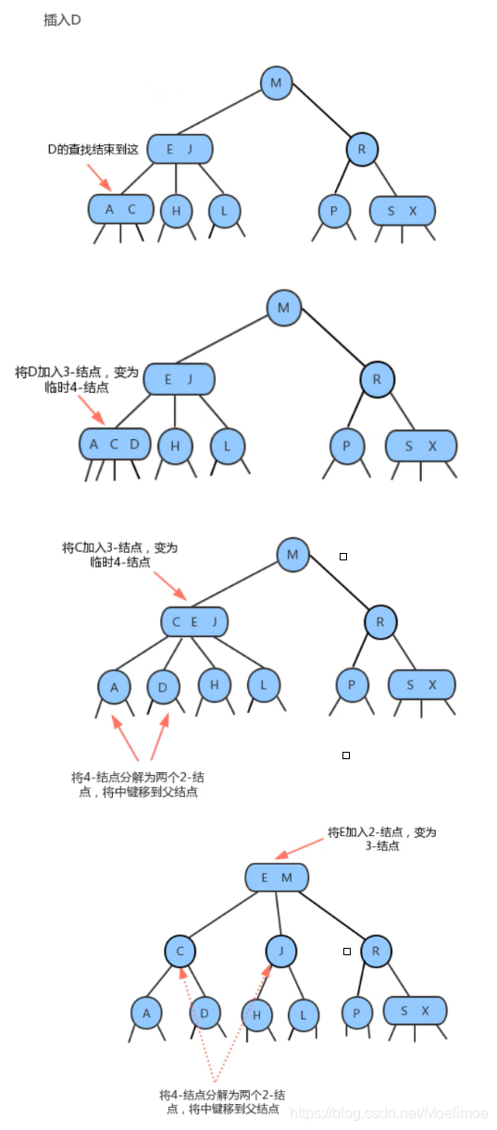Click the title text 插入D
point(62,19)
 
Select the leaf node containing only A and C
point(119,210)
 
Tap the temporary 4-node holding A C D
point(113,445)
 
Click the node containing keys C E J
point(193,622)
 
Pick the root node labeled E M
point(276,878)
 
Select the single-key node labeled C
point(180,951)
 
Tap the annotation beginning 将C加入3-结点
point(119,555)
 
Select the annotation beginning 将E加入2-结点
point(381,839)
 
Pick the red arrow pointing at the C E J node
point(170,584)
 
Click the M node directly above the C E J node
point(292,555)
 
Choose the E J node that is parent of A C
point(179,150)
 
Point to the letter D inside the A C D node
point(134,445)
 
